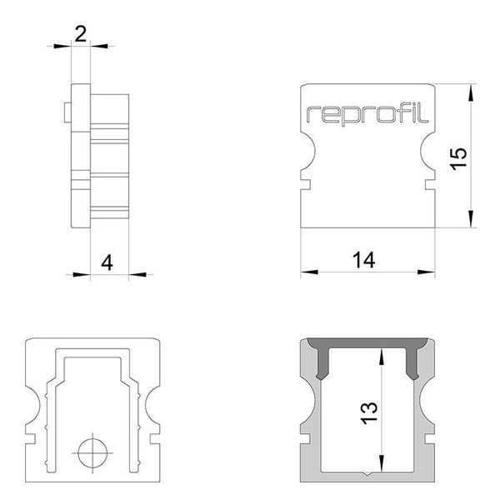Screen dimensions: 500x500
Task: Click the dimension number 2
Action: [81, 33]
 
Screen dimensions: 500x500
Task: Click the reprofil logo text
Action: [367, 114]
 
